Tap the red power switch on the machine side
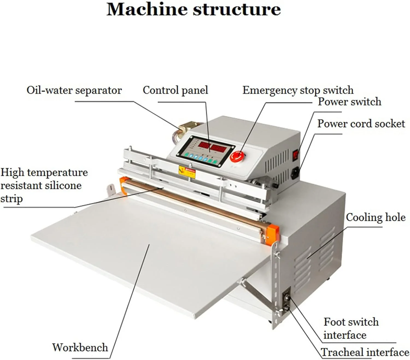295,155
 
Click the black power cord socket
295,172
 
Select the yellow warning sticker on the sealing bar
187,172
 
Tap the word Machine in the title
147,9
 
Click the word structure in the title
237,9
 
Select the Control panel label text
175,90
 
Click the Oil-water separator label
74,90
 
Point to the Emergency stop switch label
298,90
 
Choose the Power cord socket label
361,124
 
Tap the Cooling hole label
376,217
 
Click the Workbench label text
80,347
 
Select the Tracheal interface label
365,352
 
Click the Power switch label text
349,102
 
